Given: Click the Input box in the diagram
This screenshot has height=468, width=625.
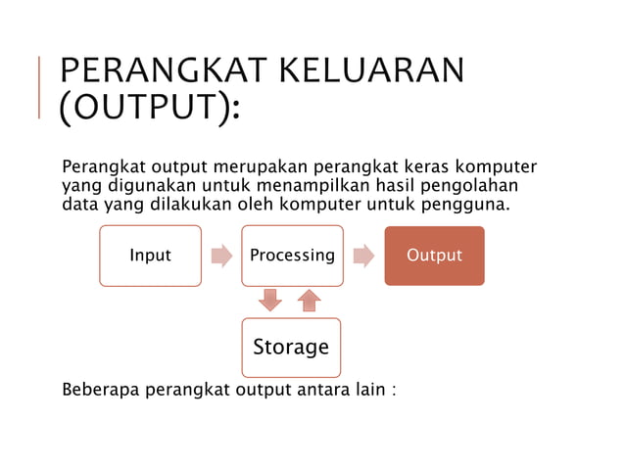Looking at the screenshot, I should (x=150, y=256).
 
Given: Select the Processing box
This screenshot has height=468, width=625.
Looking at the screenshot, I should (x=292, y=256).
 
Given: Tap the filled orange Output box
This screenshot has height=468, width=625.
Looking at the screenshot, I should (x=434, y=256).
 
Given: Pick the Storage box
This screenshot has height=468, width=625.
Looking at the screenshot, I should (x=291, y=347).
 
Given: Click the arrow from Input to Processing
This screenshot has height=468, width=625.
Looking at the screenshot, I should (x=221, y=256).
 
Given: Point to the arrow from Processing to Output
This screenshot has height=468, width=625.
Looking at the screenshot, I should (x=363, y=256).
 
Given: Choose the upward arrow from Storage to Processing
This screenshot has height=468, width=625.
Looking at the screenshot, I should (x=310, y=301).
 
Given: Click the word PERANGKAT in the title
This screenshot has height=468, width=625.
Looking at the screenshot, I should (x=156, y=72).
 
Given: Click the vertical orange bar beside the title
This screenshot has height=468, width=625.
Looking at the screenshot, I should (x=39, y=88).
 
